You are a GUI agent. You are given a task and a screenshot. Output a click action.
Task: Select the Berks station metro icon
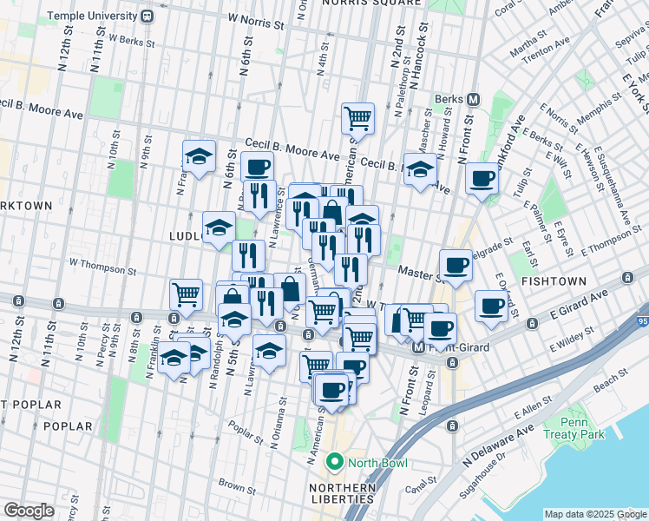pyautogui.click(x=474, y=99)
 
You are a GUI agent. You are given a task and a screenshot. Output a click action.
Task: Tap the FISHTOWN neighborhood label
pyautogui.click(x=555, y=282)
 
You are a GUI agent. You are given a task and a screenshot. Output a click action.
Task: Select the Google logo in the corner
pyautogui.click(x=29, y=511)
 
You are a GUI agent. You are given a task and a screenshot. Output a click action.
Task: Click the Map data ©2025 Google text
pyautogui.click(x=594, y=514)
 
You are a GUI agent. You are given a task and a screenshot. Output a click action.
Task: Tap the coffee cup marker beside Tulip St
pyautogui.click(x=482, y=179)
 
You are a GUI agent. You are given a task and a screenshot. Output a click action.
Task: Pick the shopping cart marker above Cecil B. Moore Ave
pyautogui.click(x=357, y=117)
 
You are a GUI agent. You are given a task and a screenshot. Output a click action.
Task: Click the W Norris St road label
pyautogui.click(x=255, y=16)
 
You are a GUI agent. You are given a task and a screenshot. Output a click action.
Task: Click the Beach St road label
pyautogui.click(x=613, y=378)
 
